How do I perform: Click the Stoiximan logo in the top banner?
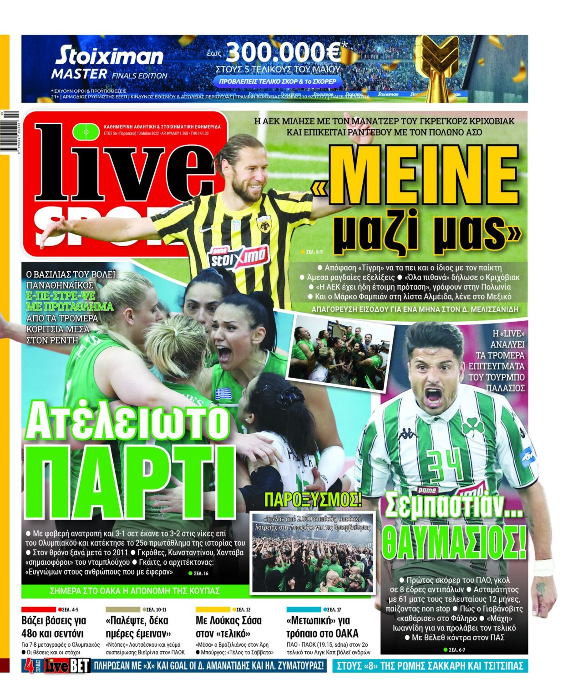pos(109,56)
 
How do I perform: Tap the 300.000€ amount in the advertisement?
pos(283,53)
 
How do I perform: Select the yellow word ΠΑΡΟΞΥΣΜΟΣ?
pos(313,499)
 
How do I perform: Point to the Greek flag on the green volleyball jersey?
pos(223,393)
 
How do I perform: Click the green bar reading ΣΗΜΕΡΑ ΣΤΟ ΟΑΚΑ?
pos(135,591)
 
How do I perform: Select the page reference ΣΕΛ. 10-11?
pos(156,609)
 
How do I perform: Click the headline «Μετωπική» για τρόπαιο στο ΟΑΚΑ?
pos(322,627)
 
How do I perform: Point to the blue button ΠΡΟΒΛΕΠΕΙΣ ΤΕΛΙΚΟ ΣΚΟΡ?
pos(278,81)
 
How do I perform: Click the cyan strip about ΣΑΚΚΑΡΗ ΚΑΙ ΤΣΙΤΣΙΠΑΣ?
pos(430,666)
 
